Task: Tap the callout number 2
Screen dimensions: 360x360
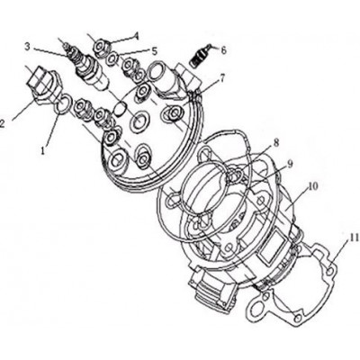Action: click(1, 123)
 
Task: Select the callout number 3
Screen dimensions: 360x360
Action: click(27, 47)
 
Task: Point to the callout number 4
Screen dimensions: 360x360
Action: click(137, 36)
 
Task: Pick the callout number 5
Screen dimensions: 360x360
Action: click(155, 51)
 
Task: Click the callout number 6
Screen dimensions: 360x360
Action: click(223, 49)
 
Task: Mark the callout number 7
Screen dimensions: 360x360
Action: click(222, 79)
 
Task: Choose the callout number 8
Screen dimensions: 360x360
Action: click(276, 143)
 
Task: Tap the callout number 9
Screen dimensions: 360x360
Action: click(290, 164)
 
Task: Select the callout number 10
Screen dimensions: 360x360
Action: click(312, 186)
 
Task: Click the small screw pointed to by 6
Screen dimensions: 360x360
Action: click(201, 56)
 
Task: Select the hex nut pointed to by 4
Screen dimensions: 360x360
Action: click(102, 48)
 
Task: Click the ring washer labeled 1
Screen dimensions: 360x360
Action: click(61, 104)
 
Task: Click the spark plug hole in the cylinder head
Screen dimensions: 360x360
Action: click(139, 121)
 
